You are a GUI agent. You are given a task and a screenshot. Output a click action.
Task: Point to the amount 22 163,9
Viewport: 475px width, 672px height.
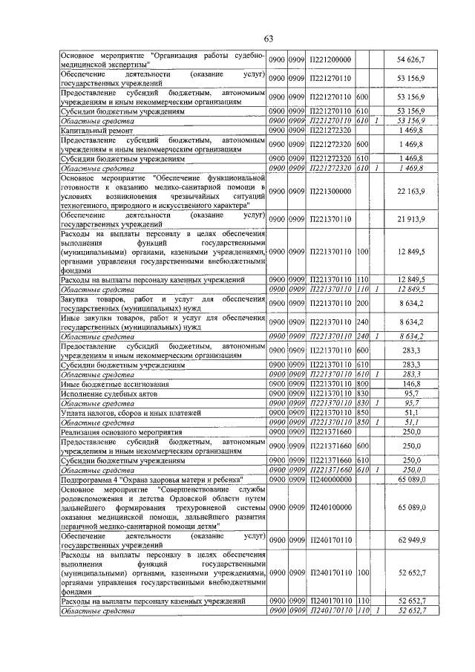[411, 192]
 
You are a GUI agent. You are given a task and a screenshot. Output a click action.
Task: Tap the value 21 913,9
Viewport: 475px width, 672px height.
[411, 218]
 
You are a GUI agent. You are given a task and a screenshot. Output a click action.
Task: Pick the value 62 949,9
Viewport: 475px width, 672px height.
[411, 540]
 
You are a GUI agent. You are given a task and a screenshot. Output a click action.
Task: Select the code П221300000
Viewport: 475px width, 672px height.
[330, 192]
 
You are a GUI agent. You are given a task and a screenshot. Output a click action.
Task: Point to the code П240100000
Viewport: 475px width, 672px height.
[330, 506]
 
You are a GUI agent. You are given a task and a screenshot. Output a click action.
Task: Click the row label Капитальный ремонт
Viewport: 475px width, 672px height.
[96, 130]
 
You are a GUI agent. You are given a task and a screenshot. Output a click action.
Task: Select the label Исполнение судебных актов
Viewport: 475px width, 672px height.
[106, 394]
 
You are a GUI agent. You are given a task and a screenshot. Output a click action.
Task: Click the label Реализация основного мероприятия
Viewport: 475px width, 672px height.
[121, 431]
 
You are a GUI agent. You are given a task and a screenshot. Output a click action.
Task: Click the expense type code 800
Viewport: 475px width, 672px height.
[363, 385]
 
